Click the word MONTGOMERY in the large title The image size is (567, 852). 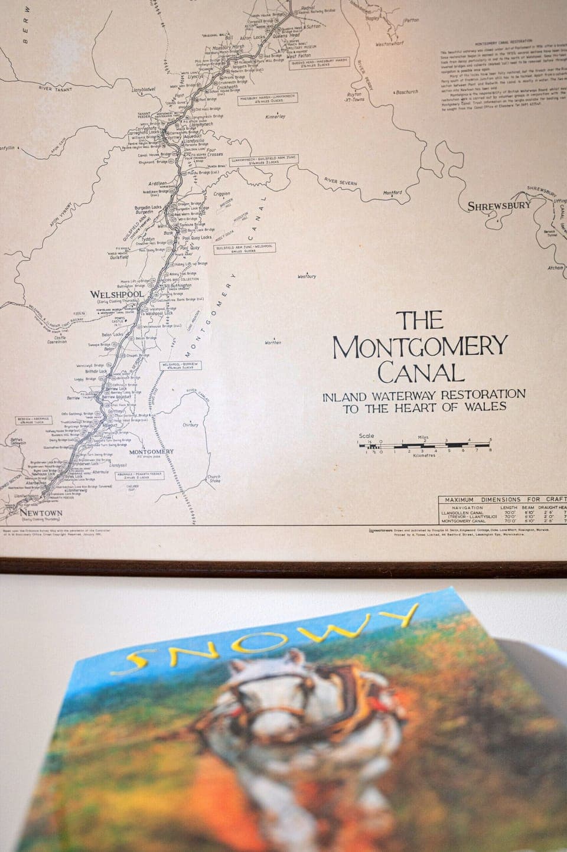[x=420, y=347]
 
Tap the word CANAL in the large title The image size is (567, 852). [x=417, y=373]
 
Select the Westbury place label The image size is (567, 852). [x=307, y=276]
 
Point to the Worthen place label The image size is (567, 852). [x=273, y=342]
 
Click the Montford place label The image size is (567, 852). [x=392, y=192]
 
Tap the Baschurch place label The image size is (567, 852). [x=406, y=92]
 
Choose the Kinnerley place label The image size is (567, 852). [x=275, y=117]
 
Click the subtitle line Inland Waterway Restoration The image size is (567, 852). [x=423, y=394]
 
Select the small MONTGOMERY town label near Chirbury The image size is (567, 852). [x=151, y=452]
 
